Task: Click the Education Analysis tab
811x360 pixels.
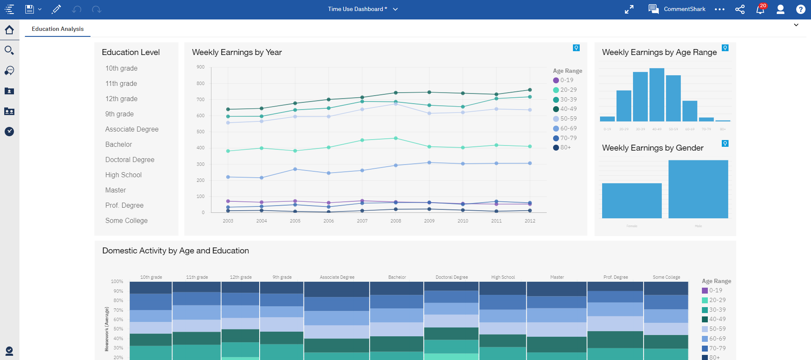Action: click(x=58, y=29)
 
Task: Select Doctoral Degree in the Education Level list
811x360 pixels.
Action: click(x=130, y=159)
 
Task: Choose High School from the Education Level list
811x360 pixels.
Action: click(x=123, y=175)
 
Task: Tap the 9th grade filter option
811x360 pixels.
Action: click(x=119, y=114)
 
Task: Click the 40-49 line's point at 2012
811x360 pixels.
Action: click(x=530, y=90)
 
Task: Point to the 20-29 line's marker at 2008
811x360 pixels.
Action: click(x=396, y=138)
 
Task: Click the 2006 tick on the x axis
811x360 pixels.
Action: click(x=329, y=221)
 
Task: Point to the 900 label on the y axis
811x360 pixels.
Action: click(x=200, y=67)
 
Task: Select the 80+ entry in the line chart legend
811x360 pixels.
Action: click(x=565, y=147)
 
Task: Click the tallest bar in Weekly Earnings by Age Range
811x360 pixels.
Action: click(x=657, y=95)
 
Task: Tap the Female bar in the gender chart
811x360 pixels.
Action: click(x=632, y=201)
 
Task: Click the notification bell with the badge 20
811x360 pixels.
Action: click(x=760, y=9)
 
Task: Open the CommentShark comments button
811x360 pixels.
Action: click(x=677, y=9)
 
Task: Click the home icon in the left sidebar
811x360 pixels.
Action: click(x=9, y=30)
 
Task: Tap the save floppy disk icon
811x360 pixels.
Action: click(x=29, y=9)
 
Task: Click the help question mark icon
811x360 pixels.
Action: click(x=800, y=9)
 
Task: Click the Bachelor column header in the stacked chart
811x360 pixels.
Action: click(x=397, y=277)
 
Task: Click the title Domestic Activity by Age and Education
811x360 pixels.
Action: click(x=175, y=250)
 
